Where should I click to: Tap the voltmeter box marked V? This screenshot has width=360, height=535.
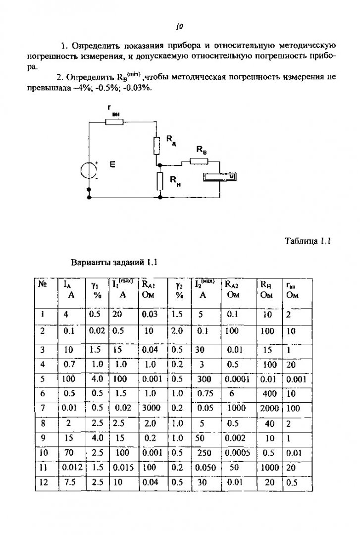tap(219, 177)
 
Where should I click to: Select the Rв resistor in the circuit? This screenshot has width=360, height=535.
tap(199, 160)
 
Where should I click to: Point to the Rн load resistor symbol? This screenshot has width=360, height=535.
tap(159, 181)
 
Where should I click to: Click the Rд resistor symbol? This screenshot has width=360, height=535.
tap(156, 145)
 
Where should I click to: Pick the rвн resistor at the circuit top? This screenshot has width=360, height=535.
tap(114, 121)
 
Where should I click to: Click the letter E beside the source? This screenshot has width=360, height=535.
tap(112, 164)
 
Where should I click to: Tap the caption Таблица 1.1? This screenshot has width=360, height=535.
tap(308, 241)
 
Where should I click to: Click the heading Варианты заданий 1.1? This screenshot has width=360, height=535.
tap(114, 263)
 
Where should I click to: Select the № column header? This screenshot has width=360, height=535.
tap(42, 284)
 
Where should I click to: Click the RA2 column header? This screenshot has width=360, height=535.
tap(232, 288)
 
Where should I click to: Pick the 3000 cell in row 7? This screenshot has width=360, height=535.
tap(151, 408)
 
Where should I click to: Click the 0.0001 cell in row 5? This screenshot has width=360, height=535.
tap(237, 379)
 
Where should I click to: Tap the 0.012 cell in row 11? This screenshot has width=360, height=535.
tap(72, 468)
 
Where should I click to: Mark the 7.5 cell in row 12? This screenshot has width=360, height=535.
tap(69, 482)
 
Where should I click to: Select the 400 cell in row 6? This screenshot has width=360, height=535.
tap(269, 394)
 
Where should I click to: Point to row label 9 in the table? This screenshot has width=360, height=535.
tap(43, 438)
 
